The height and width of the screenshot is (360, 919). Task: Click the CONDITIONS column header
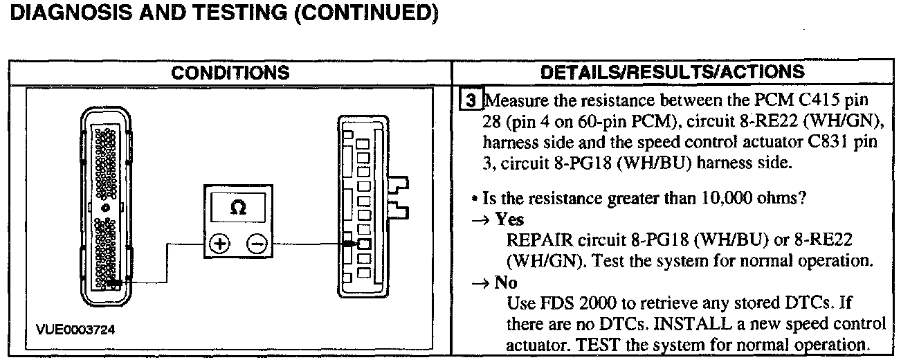230,72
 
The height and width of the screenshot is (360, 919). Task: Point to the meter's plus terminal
219,244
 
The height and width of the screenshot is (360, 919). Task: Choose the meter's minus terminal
255,244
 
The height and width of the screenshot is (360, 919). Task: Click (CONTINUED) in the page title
366,13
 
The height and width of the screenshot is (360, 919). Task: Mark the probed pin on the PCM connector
112,282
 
